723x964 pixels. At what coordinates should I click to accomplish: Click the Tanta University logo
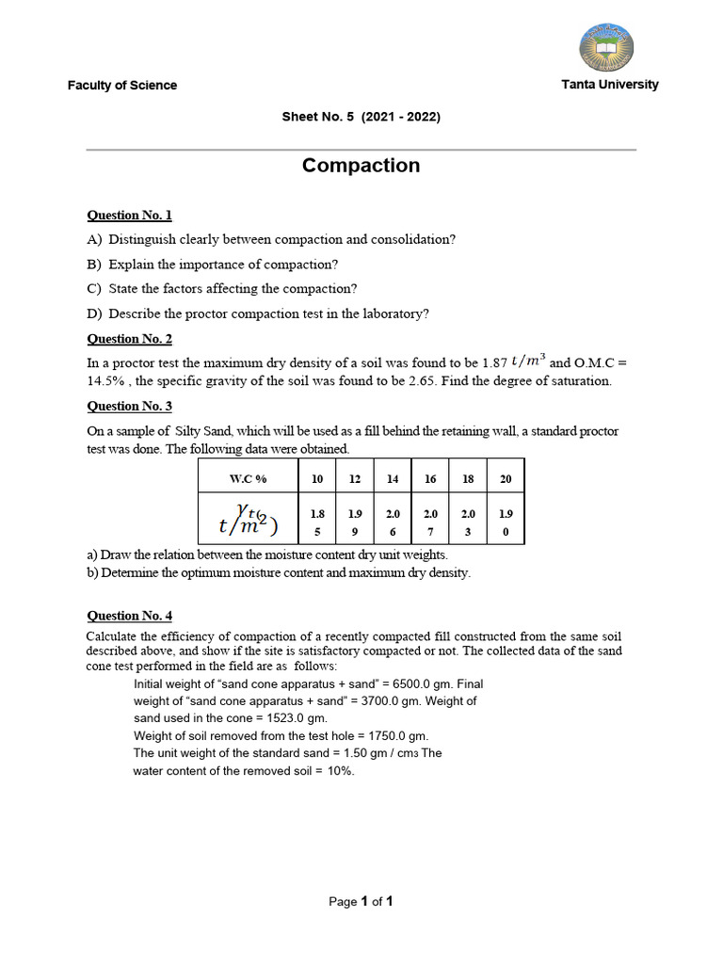coord(605,47)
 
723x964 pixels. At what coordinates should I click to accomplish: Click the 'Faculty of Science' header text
coord(121,86)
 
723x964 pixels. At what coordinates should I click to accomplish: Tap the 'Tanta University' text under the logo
coord(610,85)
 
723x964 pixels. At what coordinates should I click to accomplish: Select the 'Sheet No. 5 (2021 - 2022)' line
coord(361,118)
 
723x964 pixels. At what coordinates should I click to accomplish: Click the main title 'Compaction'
coord(361,166)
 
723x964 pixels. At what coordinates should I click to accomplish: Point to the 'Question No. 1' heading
coord(130,216)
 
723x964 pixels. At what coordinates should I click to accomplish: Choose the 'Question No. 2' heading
coord(130,339)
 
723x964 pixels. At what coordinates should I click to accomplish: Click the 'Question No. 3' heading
coord(130,407)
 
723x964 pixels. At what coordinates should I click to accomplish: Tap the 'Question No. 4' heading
coord(130,616)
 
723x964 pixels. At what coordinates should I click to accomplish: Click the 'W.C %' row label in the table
coord(249,479)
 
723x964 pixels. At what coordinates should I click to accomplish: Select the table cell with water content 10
coord(317,479)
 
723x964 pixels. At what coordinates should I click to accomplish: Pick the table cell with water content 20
coord(506,479)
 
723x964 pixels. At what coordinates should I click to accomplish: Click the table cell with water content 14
coord(393,479)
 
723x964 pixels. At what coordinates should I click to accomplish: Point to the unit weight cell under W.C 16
coord(430,522)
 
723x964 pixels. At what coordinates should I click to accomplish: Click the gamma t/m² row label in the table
coord(249,522)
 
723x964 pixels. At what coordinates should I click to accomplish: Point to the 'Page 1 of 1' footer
coord(361,902)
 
